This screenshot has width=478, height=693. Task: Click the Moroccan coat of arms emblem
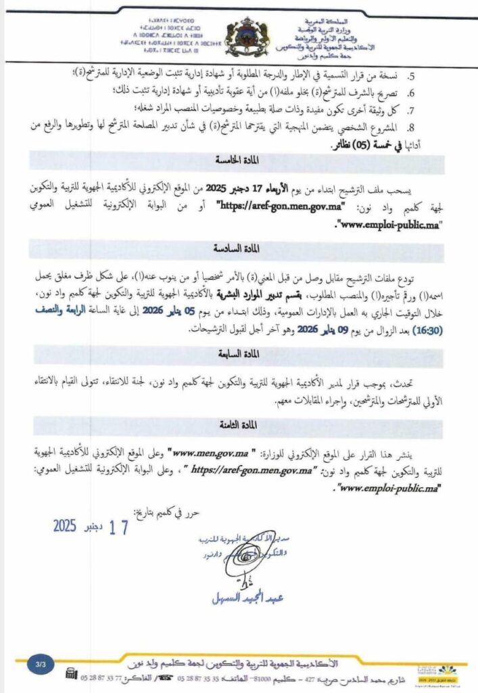245,35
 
